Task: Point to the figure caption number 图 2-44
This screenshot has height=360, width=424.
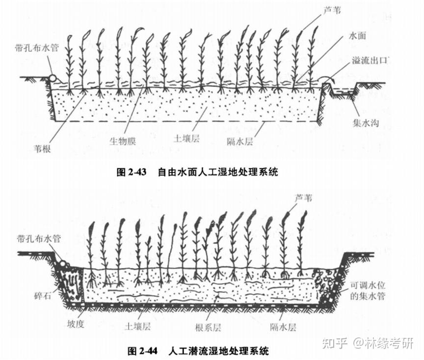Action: (142, 351)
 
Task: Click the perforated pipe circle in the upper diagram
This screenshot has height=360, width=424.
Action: (53, 78)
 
